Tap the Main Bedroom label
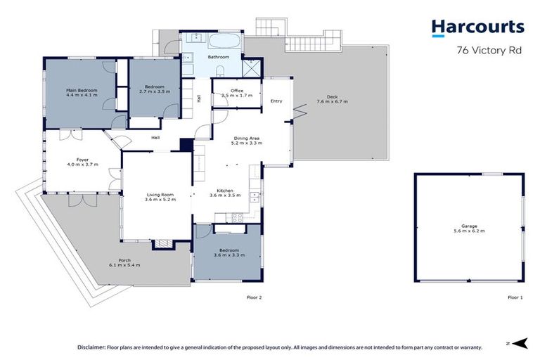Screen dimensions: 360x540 pos(82,91)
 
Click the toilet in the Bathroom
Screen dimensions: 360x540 pos(219,68)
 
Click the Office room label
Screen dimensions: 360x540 pos(237,91)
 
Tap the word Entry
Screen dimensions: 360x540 pos(276,101)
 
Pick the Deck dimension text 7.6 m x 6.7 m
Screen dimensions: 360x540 pos(332,102)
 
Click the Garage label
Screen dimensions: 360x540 pos(469,226)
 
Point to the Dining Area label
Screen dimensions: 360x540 pos(247,139)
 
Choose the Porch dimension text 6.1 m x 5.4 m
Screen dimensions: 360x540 pos(124,265)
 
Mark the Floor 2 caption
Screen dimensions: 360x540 pos(254,297)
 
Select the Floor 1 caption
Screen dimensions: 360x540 pos(515,297)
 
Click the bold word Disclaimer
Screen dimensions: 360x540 pos(90,347)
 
